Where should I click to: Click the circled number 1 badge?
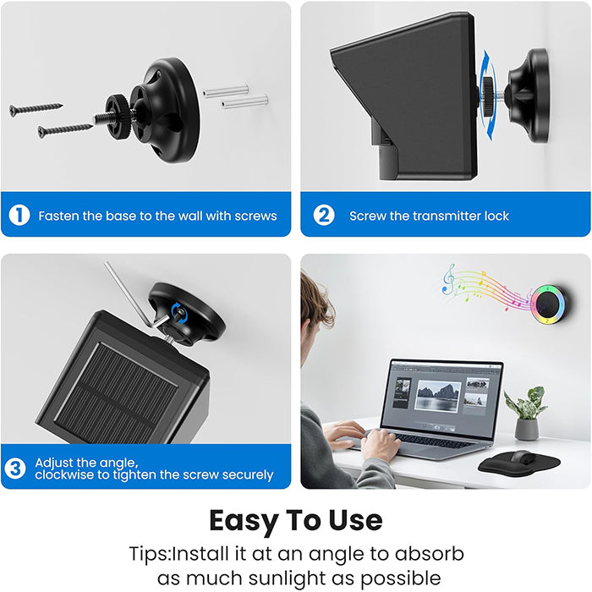point(19,215)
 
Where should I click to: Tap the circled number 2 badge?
point(324,215)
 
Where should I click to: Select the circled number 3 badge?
point(15,469)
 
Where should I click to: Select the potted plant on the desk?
point(526,413)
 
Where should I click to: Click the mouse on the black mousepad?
point(523,457)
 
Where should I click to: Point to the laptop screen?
point(441,397)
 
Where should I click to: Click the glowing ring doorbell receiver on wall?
point(548,304)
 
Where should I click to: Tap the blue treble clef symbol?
point(448,279)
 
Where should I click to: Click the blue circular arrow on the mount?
point(179,313)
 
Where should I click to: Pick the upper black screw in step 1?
point(36,109)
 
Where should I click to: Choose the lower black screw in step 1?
point(65,130)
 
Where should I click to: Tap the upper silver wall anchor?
point(226,91)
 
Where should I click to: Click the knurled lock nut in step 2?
point(487,96)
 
